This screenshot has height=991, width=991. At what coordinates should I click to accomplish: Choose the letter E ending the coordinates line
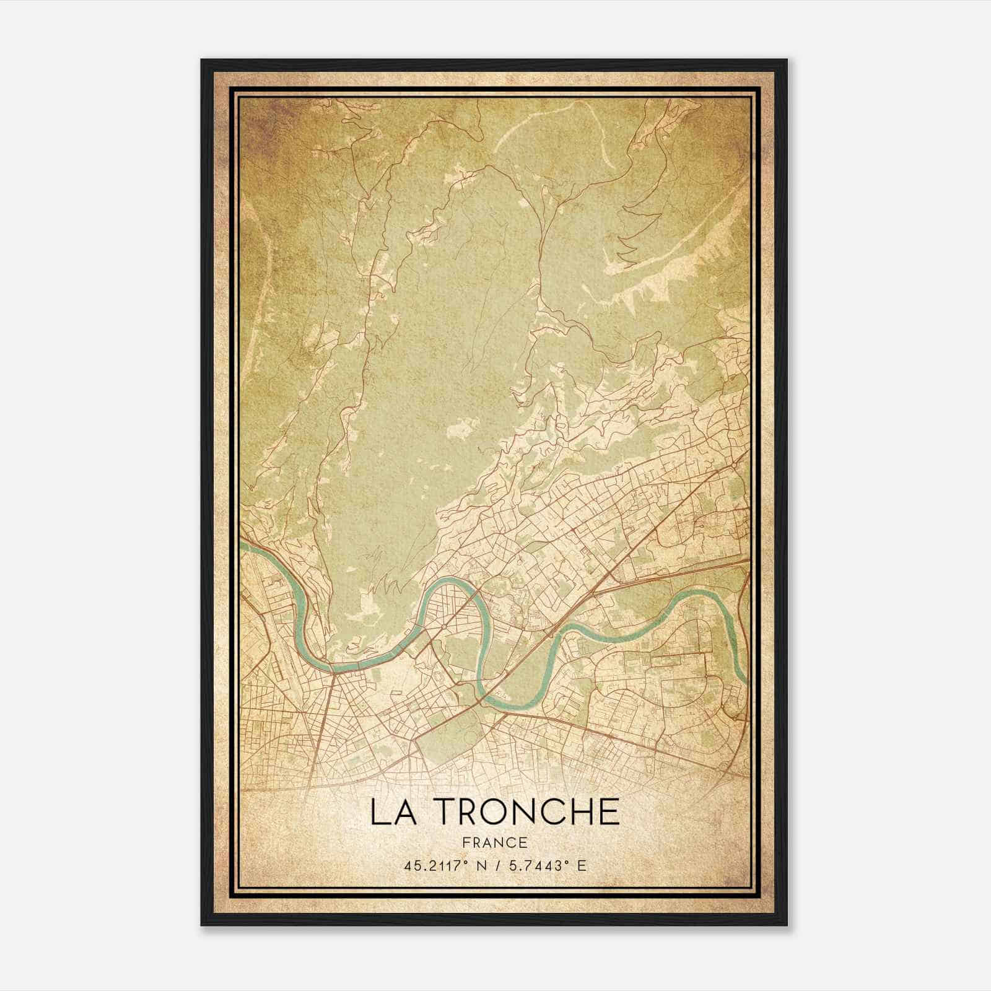click(x=581, y=866)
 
